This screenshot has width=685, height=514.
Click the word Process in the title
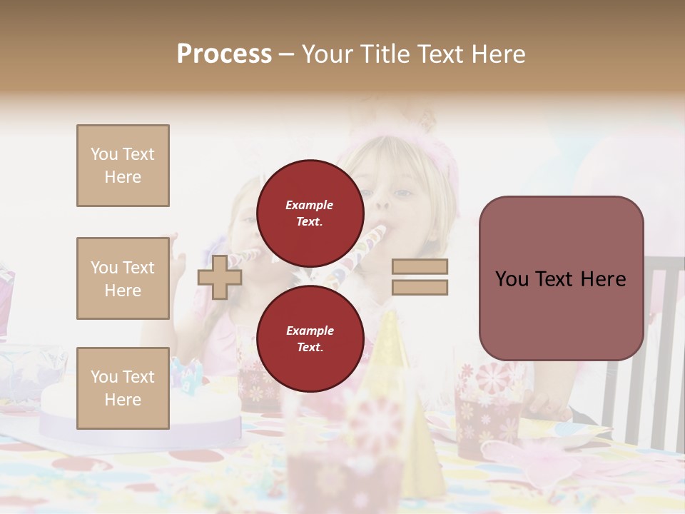click(224, 54)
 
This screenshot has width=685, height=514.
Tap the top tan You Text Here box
click(123, 166)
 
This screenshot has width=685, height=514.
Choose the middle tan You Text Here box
click(123, 278)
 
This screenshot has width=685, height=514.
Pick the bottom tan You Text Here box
click(123, 388)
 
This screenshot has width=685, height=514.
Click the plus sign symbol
click(219, 277)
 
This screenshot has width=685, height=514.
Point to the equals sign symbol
click(420, 277)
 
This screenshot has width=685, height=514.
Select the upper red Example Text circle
click(310, 213)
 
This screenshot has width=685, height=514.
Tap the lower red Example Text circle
click(310, 338)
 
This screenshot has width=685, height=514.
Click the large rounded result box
click(561, 278)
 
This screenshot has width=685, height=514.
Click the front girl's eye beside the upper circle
click(403, 193)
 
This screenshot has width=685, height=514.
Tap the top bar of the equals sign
click(420, 267)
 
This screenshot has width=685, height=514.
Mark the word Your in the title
click(327, 54)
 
